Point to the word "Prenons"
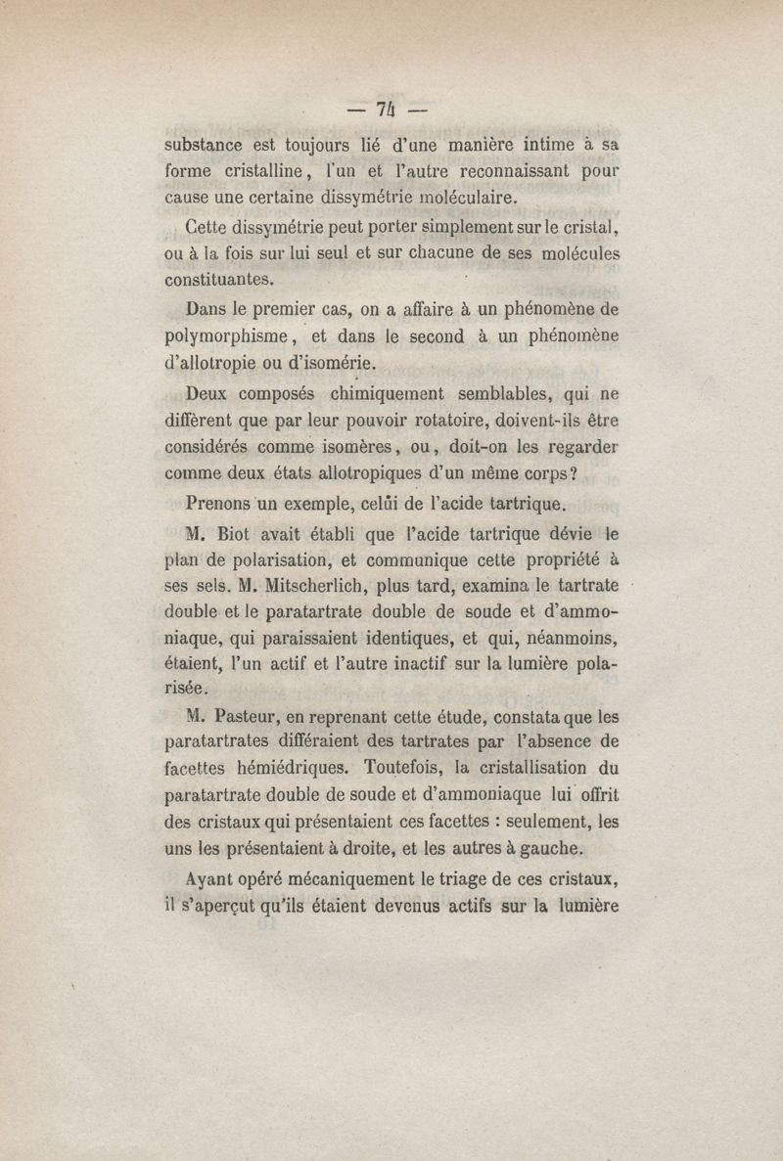[x=218, y=505]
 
